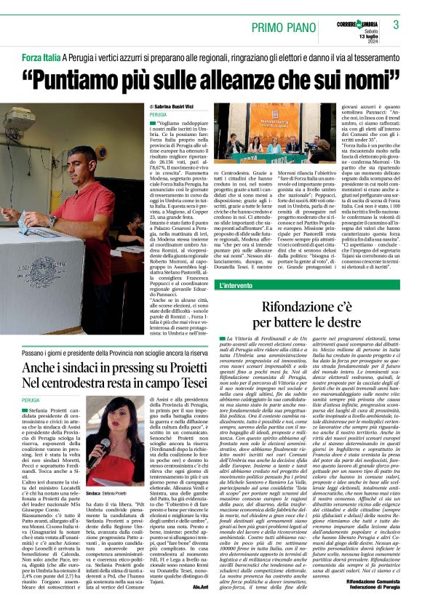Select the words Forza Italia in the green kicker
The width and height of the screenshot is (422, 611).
pyautogui.click(x=41, y=56)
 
